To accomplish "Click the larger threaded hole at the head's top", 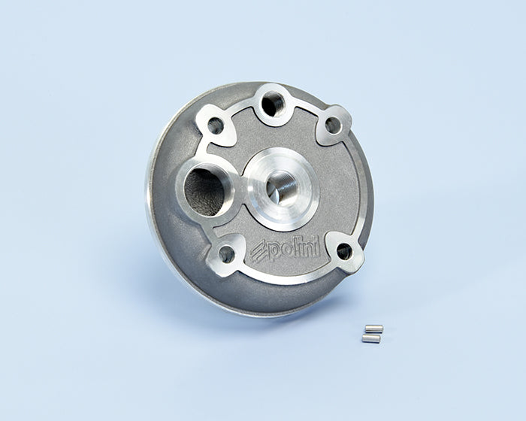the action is point(272,104).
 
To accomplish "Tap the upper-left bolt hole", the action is point(215,126).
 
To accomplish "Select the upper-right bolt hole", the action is point(333,125).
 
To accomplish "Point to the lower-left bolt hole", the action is point(225,254).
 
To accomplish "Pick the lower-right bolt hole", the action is point(344,251).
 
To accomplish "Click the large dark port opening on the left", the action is point(204,192).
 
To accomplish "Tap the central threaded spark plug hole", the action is point(282,189).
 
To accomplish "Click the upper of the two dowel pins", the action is point(373,329).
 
